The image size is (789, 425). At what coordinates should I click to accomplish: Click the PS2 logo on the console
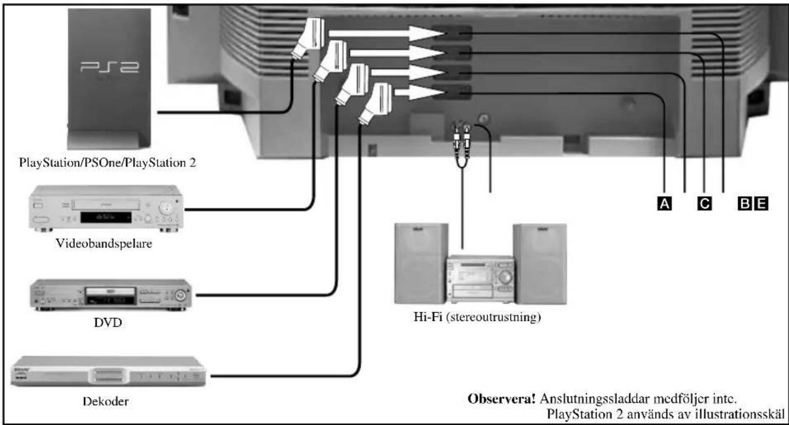(109, 67)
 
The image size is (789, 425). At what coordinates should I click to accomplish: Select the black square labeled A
(664, 204)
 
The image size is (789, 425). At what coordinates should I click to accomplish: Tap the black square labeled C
(704, 204)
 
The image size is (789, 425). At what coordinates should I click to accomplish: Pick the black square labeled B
(745, 204)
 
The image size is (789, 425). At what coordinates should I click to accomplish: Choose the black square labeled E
(761, 204)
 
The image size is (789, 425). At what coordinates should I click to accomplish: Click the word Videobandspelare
(104, 244)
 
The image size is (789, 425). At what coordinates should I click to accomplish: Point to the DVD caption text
(108, 322)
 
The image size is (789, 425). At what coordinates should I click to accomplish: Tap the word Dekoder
(106, 401)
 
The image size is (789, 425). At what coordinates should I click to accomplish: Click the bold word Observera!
(501, 399)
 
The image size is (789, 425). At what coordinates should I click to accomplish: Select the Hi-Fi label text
(477, 317)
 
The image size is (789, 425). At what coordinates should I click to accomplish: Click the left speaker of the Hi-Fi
(421, 264)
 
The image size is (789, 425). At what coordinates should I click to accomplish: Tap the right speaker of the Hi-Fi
(540, 264)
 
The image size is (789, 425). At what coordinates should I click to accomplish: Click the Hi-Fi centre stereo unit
(481, 279)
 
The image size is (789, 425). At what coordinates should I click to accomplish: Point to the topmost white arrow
(386, 33)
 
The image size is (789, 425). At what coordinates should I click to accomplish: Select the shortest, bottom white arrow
(419, 92)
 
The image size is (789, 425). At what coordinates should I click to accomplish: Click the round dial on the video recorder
(166, 208)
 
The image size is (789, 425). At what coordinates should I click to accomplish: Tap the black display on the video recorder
(106, 217)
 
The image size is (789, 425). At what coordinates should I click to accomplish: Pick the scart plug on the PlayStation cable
(308, 38)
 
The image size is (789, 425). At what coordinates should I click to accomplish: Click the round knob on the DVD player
(180, 295)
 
